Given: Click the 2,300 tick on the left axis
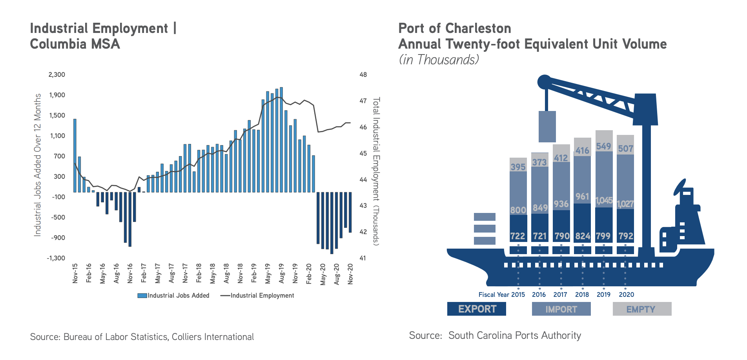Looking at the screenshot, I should pos(56,75).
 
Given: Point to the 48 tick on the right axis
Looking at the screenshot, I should pos(363,75).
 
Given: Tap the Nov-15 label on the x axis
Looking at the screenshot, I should pos(75,273).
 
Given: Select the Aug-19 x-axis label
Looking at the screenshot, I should pos(281,273).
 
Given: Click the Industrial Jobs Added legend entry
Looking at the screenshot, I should pos(173,296).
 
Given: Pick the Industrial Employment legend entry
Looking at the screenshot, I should pos(257,296).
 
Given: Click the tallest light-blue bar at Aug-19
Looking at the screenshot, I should pos(281,140).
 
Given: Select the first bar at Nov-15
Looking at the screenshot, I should pos(75,155).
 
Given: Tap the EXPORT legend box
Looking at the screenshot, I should pos(477,309).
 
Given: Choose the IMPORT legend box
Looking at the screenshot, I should pos(561,309).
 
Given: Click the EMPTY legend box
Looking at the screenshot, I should pos(642,309).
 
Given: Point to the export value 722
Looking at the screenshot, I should pos(517,236).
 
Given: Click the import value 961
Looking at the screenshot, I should pos(582,196).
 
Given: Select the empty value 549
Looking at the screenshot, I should pos(603,146).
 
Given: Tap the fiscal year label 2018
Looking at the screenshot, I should pos(582,295).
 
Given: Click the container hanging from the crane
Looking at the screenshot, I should pos(547,126).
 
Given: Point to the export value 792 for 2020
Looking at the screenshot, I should pos(626,236).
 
